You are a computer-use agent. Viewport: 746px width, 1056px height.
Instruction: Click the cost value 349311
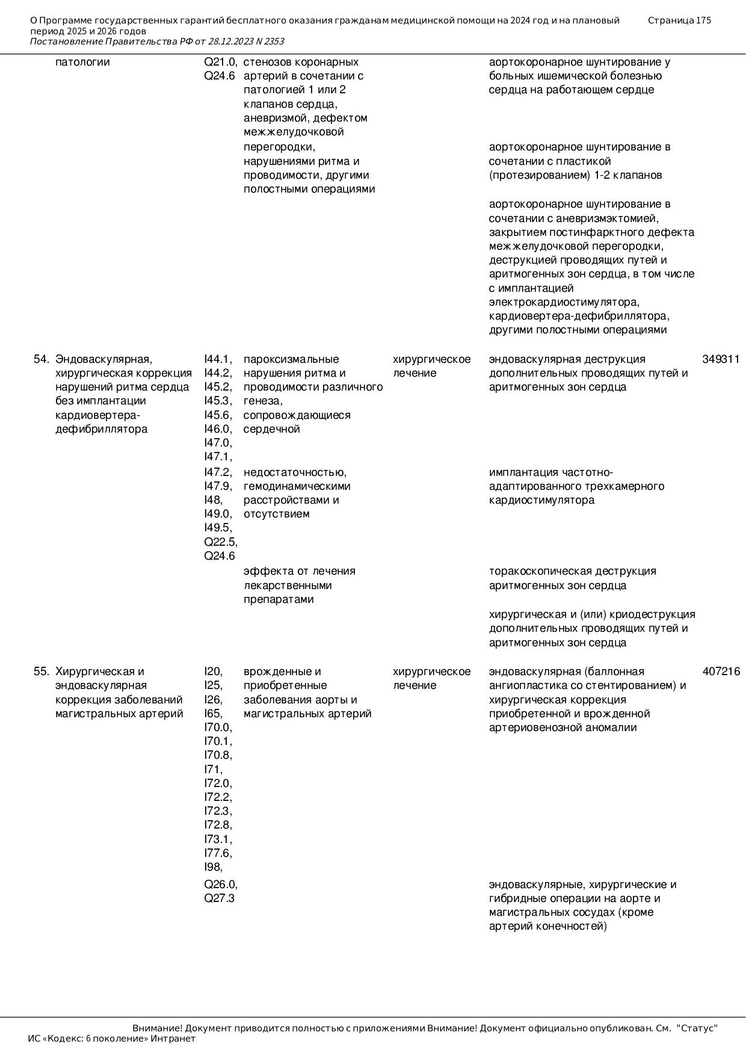pyautogui.click(x=721, y=359)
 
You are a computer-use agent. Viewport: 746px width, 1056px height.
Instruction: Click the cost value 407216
pyautogui.click(x=721, y=672)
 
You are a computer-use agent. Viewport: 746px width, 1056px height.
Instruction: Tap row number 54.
pyautogui.click(x=41, y=359)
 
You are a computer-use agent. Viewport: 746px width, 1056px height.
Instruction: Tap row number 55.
pyautogui.click(x=41, y=672)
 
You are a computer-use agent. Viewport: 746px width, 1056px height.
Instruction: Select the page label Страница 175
pyautogui.click(x=679, y=20)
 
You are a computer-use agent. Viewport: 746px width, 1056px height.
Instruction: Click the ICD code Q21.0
pyautogui.click(x=220, y=62)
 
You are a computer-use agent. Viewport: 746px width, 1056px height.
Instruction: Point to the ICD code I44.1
pyautogui.click(x=218, y=359)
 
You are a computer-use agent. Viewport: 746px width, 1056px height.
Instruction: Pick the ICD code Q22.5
pyautogui.click(x=220, y=542)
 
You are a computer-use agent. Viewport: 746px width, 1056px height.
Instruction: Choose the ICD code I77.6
pyautogui.click(x=218, y=853)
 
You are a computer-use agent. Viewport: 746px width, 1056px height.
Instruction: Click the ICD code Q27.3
pyautogui.click(x=219, y=898)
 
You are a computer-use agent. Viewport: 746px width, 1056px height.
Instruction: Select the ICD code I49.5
pyautogui.click(x=218, y=528)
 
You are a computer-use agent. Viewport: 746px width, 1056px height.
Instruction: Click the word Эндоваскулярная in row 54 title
pyautogui.click(x=103, y=359)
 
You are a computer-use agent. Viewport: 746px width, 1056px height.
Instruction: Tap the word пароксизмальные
pyautogui.click(x=291, y=359)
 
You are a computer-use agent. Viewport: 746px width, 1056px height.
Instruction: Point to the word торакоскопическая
pyautogui.click(x=538, y=571)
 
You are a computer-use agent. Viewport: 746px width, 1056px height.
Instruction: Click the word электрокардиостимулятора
pyautogui.click(x=564, y=302)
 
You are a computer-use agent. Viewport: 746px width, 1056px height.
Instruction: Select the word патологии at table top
pyautogui.click(x=82, y=62)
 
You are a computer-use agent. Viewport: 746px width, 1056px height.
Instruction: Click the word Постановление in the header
pyautogui.click(x=66, y=42)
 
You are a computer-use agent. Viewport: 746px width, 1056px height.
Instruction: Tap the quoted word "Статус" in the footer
pyautogui.click(x=697, y=1028)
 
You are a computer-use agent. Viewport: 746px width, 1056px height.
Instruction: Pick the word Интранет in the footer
pyautogui.click(x=173, y=1038)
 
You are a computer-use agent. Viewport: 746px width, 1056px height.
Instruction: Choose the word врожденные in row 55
pyautogui.click(x=282, y=672)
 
